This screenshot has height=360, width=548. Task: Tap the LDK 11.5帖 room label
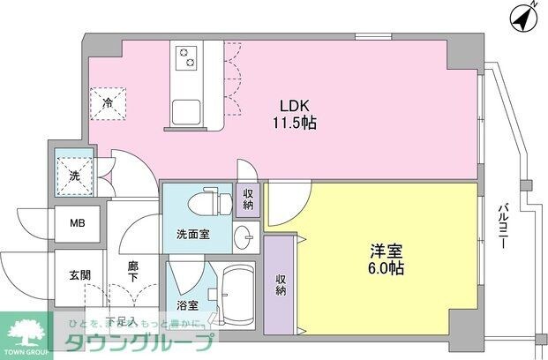[292, 114]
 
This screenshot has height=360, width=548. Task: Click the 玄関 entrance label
[79, 275]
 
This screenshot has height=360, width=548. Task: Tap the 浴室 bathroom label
[186, 307]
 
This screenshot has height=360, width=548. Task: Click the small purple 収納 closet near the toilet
[246, 199]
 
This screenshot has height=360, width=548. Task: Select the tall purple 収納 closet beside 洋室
[282, 285]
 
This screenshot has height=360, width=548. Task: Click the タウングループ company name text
[142, 343]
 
